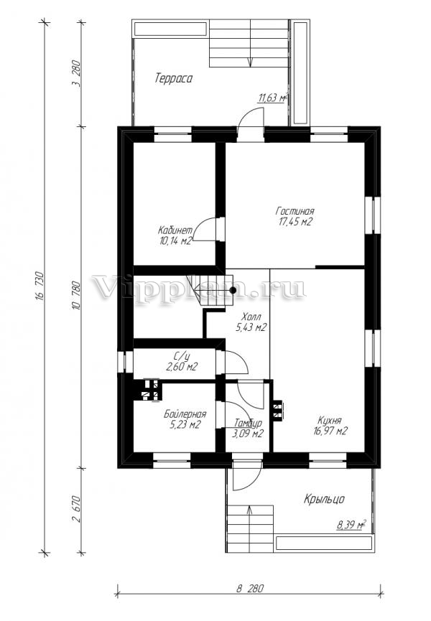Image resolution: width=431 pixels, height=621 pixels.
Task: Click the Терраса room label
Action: coord(174,78)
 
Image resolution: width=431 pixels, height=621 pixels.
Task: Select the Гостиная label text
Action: coord(295,210)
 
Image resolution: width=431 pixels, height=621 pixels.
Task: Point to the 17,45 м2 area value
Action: coord(295,222)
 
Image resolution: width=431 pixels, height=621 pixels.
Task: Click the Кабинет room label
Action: coord(175,230)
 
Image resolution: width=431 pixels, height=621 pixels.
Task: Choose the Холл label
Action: coord(251,317)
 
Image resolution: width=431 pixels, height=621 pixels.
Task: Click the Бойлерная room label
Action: coord(185,414)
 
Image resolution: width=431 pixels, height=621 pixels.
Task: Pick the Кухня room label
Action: coord(330,420)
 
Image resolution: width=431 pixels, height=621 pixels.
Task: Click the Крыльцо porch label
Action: coord(324,499)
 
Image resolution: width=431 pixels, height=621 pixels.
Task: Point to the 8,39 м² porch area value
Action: coord(351,526)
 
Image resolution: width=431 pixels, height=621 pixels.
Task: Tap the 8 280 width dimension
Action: coord(249,588)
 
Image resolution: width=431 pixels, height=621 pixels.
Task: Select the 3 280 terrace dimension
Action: coord(77,74)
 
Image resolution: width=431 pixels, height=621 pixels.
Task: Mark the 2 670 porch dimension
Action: coord(77,509)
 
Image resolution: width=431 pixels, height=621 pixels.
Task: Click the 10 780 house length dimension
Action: coord(77,296)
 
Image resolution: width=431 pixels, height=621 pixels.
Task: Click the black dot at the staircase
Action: coord(233,290)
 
